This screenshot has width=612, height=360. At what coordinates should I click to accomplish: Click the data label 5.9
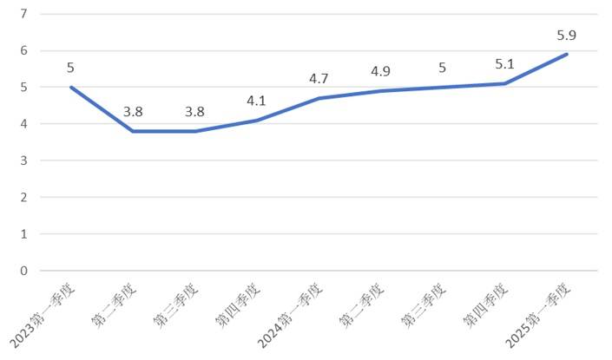(567, 36)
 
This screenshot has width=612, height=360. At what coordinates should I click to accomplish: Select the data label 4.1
(256, 101)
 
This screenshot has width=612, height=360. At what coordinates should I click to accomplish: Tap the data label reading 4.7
(319, 80)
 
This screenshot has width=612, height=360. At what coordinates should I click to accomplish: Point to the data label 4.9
(380, 72)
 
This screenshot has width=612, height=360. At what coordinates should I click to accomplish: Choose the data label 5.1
(504, 65)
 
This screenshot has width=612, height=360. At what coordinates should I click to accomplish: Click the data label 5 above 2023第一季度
(70, 69)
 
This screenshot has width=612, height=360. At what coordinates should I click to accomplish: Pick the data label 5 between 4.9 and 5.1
(443, 69)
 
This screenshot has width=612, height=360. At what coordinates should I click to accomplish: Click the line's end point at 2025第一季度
(567, 54)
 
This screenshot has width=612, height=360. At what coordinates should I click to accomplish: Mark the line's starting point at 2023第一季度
(70, 87)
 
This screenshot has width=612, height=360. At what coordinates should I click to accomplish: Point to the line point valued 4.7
(319, 98)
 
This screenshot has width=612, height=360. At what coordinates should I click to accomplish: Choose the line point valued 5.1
(504, 83)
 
